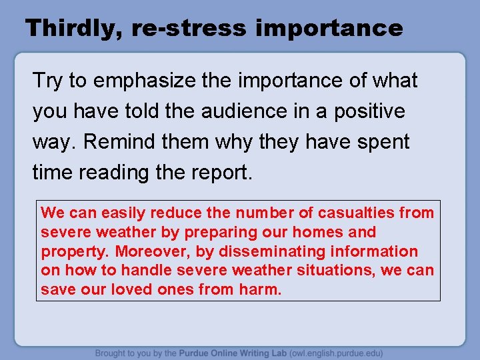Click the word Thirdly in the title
pyautogui.click(x=71, y=29)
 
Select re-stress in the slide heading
pyautogui.click(x=189, y=29)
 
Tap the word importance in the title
pyautogui.click(x=329, y=29)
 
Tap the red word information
pyautogui.click(x=377, y=251)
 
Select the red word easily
pyautogui.click(x=123, y=213)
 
